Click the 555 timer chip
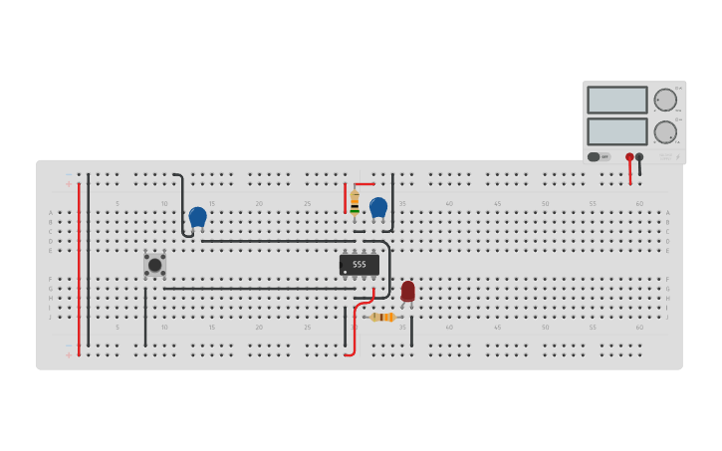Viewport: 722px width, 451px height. click(x=359, y=264)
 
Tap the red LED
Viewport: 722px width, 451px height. click(x=407, y=290)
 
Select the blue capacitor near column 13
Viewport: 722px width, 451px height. click(x=197, y=216)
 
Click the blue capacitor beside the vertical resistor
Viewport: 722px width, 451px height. click(x=378, y=207)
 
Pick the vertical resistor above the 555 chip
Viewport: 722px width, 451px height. click(x=355, y=202)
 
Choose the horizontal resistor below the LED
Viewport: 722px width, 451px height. click(x=382, y=317)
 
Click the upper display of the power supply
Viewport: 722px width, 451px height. click(x=616, y=100)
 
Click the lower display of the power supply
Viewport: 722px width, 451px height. click(x=616, y=131)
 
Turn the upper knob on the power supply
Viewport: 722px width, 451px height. click(x=665, y=100)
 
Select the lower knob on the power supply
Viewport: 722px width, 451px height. click(x=665, y=131)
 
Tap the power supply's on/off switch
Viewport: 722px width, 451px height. click(x=599, y=156)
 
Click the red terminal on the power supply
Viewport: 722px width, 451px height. click(x=629, y=157)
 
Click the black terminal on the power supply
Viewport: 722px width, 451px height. click(x=639, y=157)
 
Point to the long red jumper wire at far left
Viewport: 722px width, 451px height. click(x=79, y=269)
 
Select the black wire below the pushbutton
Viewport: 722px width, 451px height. click(x=145, y=317)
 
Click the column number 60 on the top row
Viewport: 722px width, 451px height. click(x=639, y=203)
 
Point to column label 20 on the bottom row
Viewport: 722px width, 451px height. click(x=259, y=327)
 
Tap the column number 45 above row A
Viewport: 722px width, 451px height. click(x=497, y=203)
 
